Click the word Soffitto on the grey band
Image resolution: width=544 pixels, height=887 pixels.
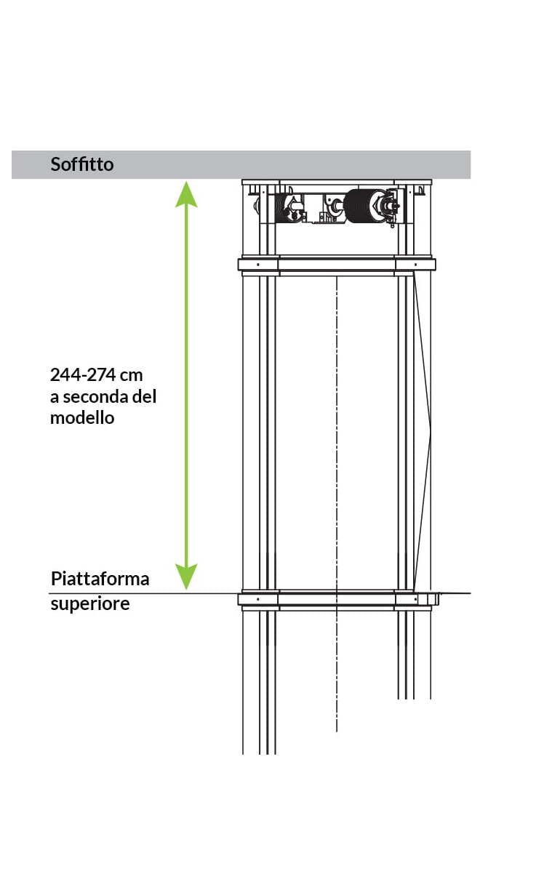pos(82,164)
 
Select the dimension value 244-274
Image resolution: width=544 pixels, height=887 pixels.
pos(83,374)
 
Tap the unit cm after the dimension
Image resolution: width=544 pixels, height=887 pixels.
pos(131,376)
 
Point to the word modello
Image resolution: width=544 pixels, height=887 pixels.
pos(82,418)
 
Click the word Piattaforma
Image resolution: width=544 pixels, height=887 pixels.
pos(100,579)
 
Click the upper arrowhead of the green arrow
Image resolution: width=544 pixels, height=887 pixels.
pos(186,193)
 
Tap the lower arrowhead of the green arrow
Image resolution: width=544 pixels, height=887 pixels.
pos(186,577)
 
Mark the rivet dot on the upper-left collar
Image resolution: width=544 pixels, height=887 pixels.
pos(258,265)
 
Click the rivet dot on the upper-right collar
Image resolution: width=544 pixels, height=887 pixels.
pos(415,265)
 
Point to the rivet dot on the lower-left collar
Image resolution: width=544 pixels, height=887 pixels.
pos(258,599)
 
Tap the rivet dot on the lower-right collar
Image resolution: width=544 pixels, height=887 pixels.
pos(415,599)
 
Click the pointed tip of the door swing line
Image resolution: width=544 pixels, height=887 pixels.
pos(431,436)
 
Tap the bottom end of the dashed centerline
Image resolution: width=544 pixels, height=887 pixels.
pos(337,731)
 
